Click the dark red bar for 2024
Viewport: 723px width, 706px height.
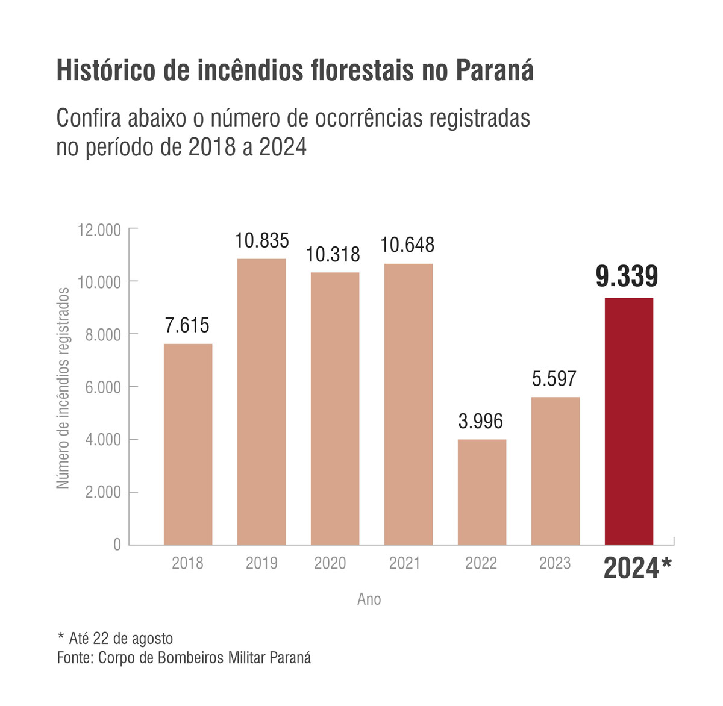629,422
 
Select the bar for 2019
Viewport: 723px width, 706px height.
261,402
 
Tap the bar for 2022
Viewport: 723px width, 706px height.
482,492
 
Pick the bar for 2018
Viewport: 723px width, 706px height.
188,444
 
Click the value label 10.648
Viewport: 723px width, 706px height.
407,245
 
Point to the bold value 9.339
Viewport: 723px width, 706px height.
627,277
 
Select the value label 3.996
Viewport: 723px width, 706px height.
480,422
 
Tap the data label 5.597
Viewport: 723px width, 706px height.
554,379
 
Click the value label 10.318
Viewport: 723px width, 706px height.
333,255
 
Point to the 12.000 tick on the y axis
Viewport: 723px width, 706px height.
99,230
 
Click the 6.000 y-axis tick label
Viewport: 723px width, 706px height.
103,387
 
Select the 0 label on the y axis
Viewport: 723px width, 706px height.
117,545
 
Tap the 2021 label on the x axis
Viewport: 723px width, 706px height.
405,563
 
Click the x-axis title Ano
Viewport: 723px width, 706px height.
369,599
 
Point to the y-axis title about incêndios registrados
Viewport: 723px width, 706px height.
63,388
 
